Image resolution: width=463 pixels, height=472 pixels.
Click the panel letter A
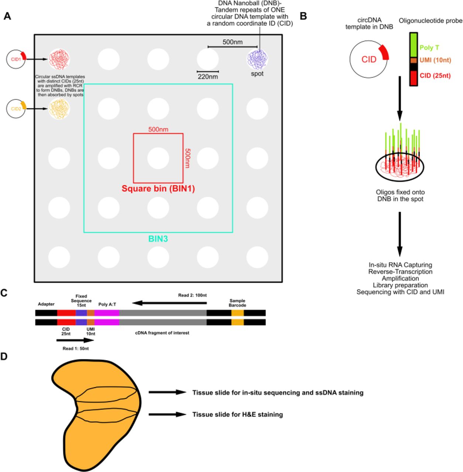[7, 16]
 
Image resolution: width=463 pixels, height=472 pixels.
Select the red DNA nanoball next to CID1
[59, 59]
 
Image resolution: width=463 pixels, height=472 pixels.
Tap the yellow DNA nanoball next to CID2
[59, 109]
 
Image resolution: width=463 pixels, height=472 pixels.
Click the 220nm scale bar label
[208, 77]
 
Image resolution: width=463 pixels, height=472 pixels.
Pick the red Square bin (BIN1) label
[158, 189]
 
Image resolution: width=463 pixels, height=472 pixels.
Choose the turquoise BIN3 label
[158, 239]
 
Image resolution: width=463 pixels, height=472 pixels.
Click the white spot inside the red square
[158, 158]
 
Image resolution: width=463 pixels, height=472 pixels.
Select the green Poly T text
[429, 48]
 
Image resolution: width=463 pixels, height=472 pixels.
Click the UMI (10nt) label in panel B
[435, 60]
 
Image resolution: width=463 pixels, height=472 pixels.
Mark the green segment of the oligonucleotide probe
[414, 45]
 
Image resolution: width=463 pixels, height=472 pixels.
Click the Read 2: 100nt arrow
[169, 303]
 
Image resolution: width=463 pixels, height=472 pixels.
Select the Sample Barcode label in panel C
[237, 303]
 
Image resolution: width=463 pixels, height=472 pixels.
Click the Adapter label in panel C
[46, 304]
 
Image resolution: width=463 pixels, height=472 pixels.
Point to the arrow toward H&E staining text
[168, 414]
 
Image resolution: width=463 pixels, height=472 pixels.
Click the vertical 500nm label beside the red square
[187, 158]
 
